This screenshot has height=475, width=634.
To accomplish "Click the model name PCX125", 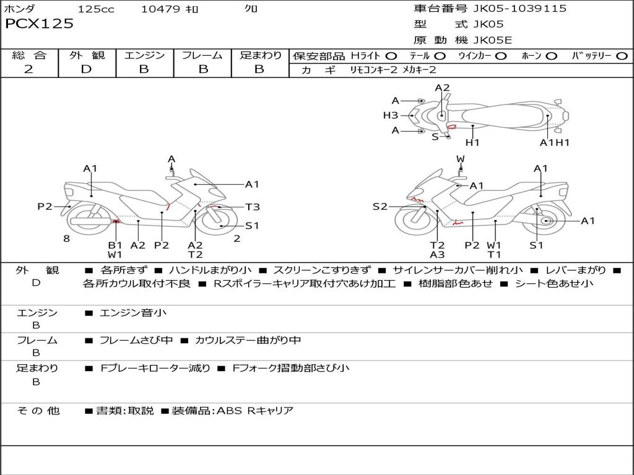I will pyautogui.click(x=39, y=24).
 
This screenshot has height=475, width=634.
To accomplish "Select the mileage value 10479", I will pyautogui.click(x=160, y=9).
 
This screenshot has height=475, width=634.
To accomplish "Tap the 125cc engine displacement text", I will pyautogui.click(x=95, y=9).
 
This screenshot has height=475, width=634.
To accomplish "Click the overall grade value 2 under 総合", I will pyautogui.click(x=28, y=69).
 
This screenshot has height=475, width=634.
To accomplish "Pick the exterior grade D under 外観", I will pyautogui.click(x=86, y=69).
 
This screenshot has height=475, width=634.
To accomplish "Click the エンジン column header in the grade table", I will pyautogui.click(x=144, y=56).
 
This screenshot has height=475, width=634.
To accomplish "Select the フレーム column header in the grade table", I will pyautogui.click(x=202, y=56).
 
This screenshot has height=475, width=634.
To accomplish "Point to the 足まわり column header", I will pyautogui.click(x=261, y=56).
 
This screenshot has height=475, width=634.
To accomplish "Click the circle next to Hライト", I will pyautogui.click(x=391, y=56).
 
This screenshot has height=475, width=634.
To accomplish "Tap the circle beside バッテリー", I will pyautogui.click(x=622, y=56).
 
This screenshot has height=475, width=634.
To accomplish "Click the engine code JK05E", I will pyautogui.click(x=493, y=40).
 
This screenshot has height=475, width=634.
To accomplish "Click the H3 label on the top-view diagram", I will pyautogui.click(x=390, y=115).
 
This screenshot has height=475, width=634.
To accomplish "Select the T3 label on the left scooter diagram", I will pyautogui.click(x=253, y=207).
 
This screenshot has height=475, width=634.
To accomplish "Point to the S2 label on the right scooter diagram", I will pyautogui.click(x=380, y=207).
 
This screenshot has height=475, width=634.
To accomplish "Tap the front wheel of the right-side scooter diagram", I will pyautogui.click(x=415, y=221).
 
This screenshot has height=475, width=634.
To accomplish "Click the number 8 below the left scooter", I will pyautogui.click(x=66, y=239).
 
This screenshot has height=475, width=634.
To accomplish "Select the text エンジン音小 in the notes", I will pyautogui.click(x=133, y=313).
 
